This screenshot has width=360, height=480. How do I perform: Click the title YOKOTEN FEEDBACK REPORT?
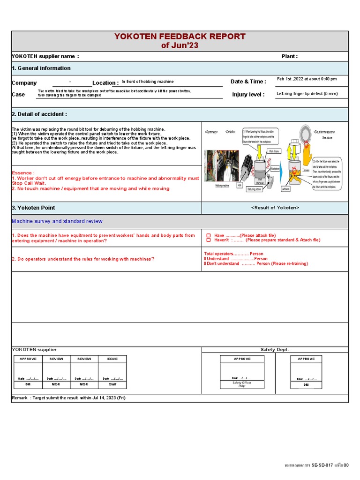(x=180, y=37)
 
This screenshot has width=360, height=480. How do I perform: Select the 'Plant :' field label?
(x=289, y=56)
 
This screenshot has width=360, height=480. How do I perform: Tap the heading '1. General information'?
(x=41, y=68)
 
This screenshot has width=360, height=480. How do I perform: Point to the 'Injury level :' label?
(x=248, y=95)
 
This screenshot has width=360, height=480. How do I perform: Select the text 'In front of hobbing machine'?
(x=148, y=82)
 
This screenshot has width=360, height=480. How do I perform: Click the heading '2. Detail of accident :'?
(x=39, y=114)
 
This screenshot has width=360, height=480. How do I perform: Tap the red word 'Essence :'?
(x=23, y=173)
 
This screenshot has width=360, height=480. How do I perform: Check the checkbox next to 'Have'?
(x=209, y=235)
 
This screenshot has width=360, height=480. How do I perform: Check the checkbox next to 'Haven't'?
(x=209, y=240)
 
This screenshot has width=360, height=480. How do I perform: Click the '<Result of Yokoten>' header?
(x=275, y=208)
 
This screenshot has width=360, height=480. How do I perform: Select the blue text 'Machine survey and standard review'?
(x=57, y=221)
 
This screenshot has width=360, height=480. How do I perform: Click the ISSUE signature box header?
(x=112, y=359)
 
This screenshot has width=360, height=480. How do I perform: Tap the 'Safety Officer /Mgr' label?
(x=242, y=384)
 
